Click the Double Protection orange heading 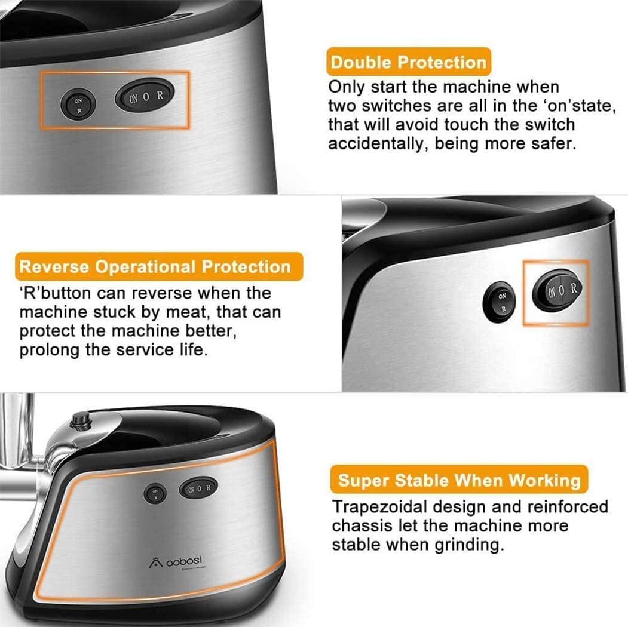409,62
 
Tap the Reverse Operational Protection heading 158,266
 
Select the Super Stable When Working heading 459,480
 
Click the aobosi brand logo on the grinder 176,562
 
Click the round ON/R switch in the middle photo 499,302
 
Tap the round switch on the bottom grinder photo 155,494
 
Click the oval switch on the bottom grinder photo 198,487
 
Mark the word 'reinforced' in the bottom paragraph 568,506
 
